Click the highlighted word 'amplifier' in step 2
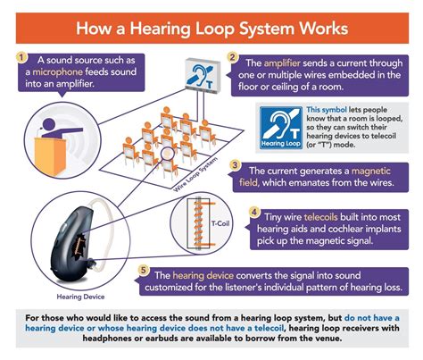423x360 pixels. [284, 63]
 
